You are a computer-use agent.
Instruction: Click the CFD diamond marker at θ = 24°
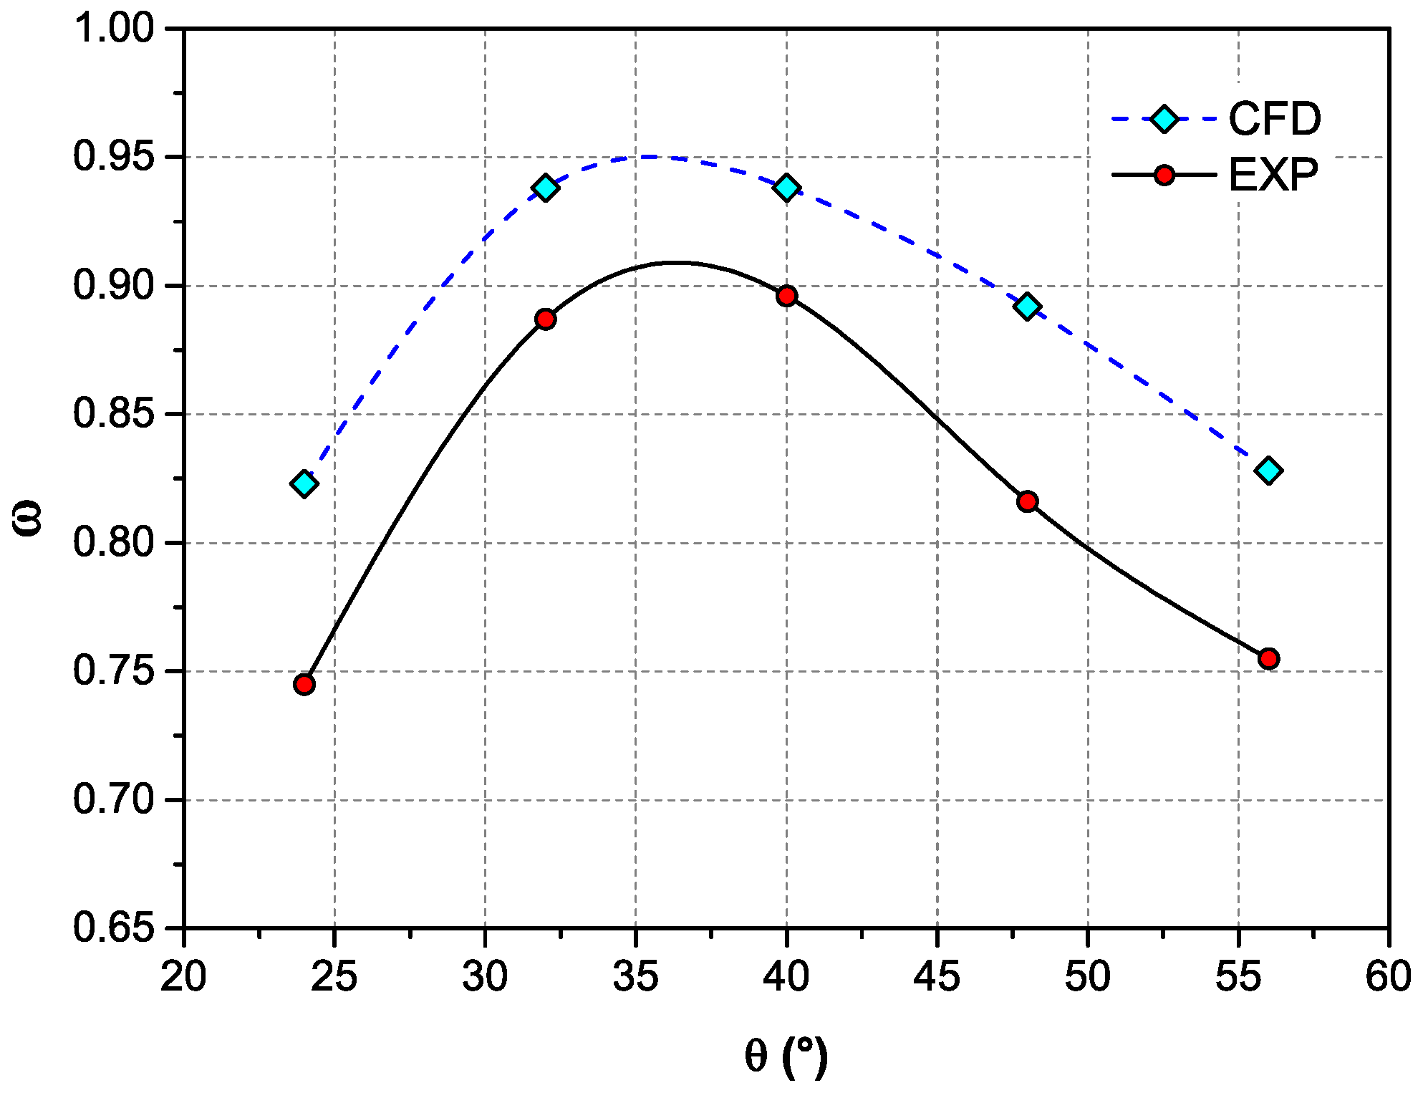coord(304,483)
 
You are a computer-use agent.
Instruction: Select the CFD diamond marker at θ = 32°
coord(546,188)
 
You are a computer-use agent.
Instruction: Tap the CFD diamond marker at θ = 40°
coord(787,188)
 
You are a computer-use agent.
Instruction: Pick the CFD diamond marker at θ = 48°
coord(1028,307)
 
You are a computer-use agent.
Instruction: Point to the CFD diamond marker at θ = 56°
coord(1269,471)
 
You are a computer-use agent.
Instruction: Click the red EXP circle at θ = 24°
coord(304,684)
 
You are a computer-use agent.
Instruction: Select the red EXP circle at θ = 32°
coord(546,319)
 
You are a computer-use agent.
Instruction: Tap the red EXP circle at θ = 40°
coord(787,296)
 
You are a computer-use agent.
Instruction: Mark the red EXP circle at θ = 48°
coord(1028,501)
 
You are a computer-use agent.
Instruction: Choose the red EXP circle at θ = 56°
coord(1269,658)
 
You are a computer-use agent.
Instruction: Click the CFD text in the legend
coord(1275,119)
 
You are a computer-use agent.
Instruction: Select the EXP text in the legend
coord(1273,175)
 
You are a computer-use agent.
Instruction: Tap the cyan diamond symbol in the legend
coord(1165,119)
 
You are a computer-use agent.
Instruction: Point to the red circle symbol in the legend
coord(1165,175)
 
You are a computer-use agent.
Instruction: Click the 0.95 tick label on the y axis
coord(114,157)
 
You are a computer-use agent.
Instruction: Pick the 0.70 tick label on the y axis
coord(114,800)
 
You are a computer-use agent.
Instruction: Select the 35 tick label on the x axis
coord(636,976)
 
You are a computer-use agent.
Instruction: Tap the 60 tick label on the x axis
coord(1389,976)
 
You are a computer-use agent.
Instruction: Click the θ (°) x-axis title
coord(786,1056)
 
